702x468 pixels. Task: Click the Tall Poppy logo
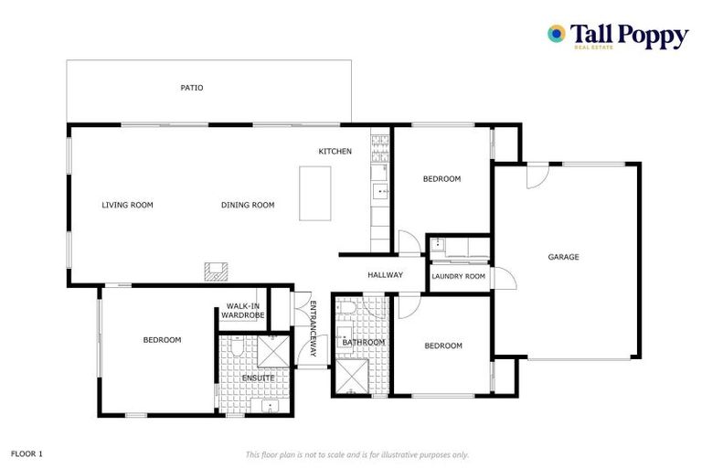[x=617, y=37]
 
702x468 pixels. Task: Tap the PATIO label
[x=191, y=89]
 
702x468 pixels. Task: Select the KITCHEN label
[x=335, y=152]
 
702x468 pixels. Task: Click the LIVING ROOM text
[x=127, y=206]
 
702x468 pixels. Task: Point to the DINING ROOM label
[x=248, y=206]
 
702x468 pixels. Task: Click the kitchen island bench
[x=314, y=193]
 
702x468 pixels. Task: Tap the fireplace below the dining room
[x=217, y=271]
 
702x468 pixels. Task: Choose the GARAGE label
[x=563, y=258]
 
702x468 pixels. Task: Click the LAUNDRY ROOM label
[x=458, y=276]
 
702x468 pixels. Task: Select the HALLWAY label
[x=385, y=275]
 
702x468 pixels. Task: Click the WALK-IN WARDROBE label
[x=242, y=311]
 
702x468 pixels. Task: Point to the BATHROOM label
[x=363, y=343]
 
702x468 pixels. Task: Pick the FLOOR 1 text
[x=27, y=453]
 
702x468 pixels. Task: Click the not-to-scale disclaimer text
[x=356, y=454]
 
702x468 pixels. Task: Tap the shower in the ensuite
[x=273, y=351]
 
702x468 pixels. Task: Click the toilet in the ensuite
[x=236, y=349]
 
